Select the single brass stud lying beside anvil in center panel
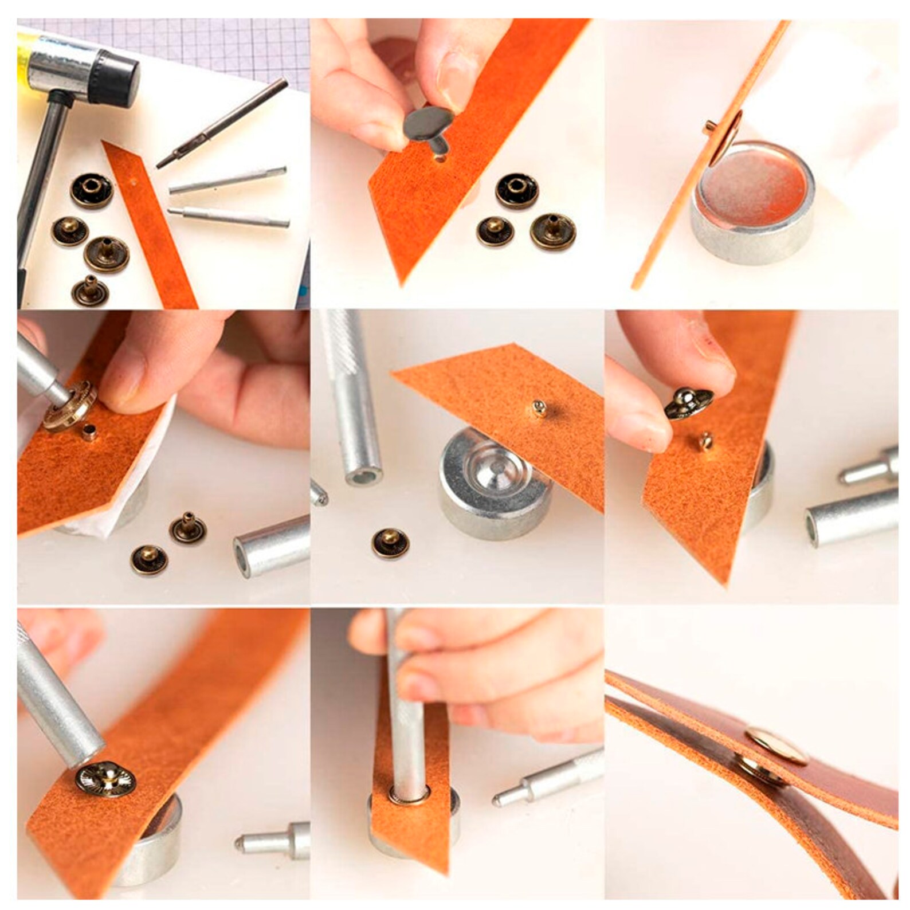(x=390, y=543)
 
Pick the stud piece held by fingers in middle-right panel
(x=688, y=401)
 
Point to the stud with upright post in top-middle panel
(x=552, y=229)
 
